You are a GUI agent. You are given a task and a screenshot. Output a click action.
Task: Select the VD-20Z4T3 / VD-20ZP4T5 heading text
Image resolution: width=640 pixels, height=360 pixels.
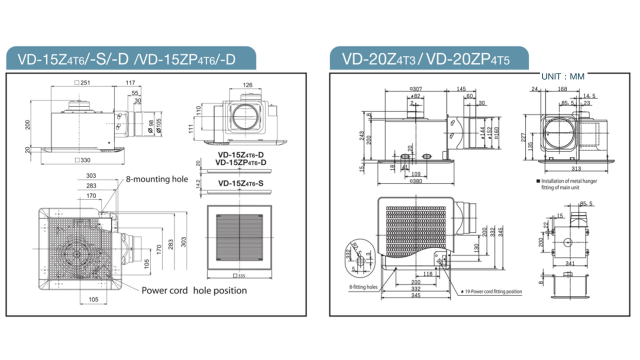[426, 59]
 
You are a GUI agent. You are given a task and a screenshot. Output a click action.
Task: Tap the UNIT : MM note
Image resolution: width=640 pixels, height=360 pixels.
[562, 77]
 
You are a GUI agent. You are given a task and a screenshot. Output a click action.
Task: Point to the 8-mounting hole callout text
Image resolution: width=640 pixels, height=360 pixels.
[156, 179]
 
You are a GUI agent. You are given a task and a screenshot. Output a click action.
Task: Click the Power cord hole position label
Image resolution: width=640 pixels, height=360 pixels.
[194, 290]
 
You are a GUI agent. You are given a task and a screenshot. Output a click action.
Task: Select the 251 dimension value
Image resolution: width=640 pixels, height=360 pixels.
[82, 82]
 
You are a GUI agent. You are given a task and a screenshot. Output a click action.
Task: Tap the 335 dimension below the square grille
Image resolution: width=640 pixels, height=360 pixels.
[240, 276]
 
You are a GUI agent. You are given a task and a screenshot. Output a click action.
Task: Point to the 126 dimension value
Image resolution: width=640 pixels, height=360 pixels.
[247, 85]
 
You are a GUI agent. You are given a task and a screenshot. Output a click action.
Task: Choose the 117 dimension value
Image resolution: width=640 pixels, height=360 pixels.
[130, 82]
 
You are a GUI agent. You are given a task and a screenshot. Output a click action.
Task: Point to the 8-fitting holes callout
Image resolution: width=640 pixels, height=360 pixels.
[363, 287]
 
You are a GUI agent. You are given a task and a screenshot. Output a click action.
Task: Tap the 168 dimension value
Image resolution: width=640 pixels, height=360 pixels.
[562, 89]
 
